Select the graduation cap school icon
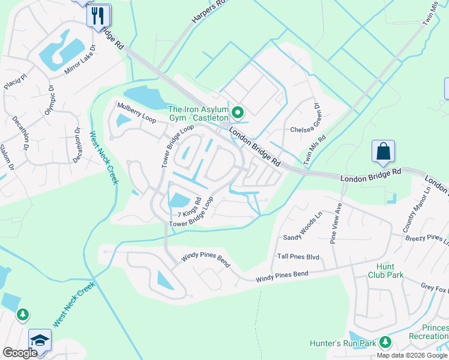pos(39,340)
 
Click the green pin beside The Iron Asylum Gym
pos(238,112)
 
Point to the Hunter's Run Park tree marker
pos(384,343)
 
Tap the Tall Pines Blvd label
pos(298,257)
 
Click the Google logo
pos(20,353)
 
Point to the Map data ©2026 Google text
pos(412,355)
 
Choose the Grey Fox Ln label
pos(433,287)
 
